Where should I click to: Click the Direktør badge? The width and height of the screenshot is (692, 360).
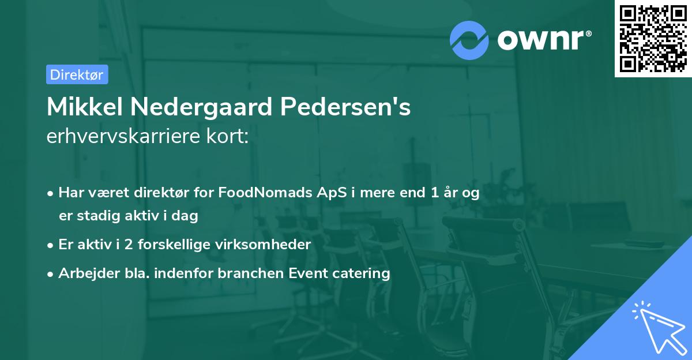pos(77,74)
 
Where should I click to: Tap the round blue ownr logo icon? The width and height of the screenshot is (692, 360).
pos(469,40)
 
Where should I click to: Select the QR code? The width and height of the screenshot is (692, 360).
pos(653,39)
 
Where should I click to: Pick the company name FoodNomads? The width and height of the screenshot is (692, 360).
pos(257,193)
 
